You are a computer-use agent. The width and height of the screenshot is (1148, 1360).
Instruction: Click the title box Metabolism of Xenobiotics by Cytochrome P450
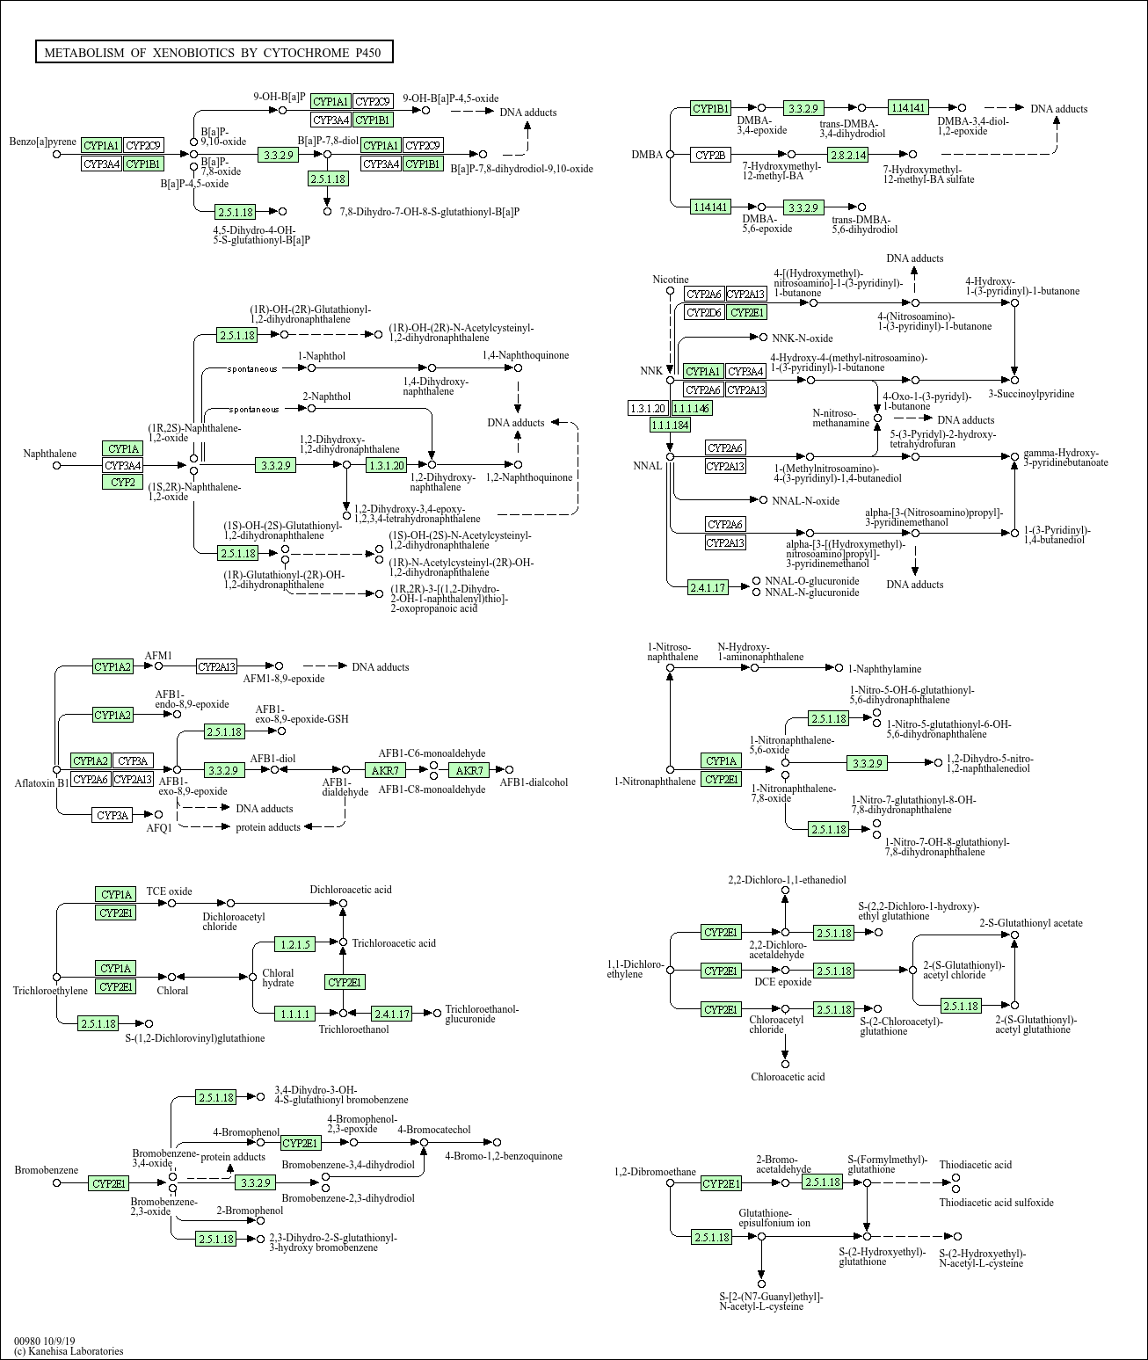coord(213,53)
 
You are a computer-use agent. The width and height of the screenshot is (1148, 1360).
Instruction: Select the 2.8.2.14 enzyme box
coord(847,155)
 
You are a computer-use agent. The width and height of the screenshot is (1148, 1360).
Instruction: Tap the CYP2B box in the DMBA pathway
coord(710,155)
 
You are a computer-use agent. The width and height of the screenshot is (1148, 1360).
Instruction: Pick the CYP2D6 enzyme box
coord(703,312)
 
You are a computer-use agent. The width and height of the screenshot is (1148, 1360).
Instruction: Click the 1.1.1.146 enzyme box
coord(691,408)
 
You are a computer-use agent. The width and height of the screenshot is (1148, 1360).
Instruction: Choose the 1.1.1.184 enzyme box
coord(670,425)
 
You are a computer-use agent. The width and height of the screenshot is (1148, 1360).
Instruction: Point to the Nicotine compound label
coord(670,280)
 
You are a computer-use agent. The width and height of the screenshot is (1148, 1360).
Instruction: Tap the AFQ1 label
coord(159,827)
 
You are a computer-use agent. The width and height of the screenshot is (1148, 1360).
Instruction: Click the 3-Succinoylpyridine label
coord(1031,394)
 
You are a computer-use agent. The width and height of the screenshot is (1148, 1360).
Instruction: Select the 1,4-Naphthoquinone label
coord(525,355)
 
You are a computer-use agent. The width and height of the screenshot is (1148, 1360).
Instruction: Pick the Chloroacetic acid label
coord(788,1076)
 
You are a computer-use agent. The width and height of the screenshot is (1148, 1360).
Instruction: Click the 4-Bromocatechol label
coord(433,1130)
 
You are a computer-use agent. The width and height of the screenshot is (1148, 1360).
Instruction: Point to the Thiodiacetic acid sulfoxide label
coord(996,1202)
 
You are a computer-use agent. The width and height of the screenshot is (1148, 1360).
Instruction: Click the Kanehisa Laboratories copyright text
coord(69,1351)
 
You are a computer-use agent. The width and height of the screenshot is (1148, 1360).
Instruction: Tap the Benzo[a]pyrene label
coord(43,142)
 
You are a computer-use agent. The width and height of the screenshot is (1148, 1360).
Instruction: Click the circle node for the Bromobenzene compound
coord(57,1183)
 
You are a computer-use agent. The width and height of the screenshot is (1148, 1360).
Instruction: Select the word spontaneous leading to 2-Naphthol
coord(254,409)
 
